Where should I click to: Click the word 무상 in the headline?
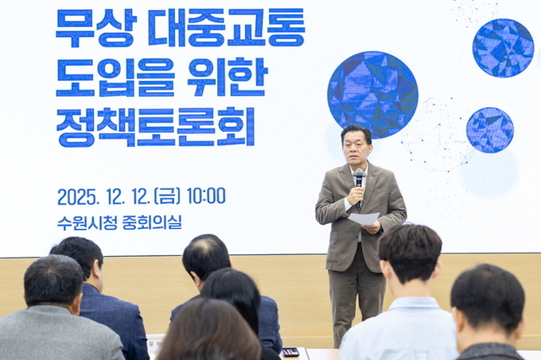[x=95, y=28]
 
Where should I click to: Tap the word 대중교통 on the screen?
[x=226, y=28]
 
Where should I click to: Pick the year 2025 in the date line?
[x=78, y=197]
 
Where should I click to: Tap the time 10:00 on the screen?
[x=205, y=196]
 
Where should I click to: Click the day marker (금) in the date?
[x=165, y=196]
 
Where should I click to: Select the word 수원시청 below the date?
[x=90, y=223]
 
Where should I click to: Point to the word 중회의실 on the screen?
[x=153, y=223]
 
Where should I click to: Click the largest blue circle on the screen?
[x=372, y=94]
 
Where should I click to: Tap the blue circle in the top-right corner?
[x=502, y=47]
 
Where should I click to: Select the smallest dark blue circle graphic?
[x=489, y=130]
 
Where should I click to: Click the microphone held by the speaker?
[x=359, y=178]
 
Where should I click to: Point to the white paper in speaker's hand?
[x=364, y=218]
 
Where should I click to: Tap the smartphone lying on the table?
[x=290, y=352]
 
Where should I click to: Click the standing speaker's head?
[x=356, y=146]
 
